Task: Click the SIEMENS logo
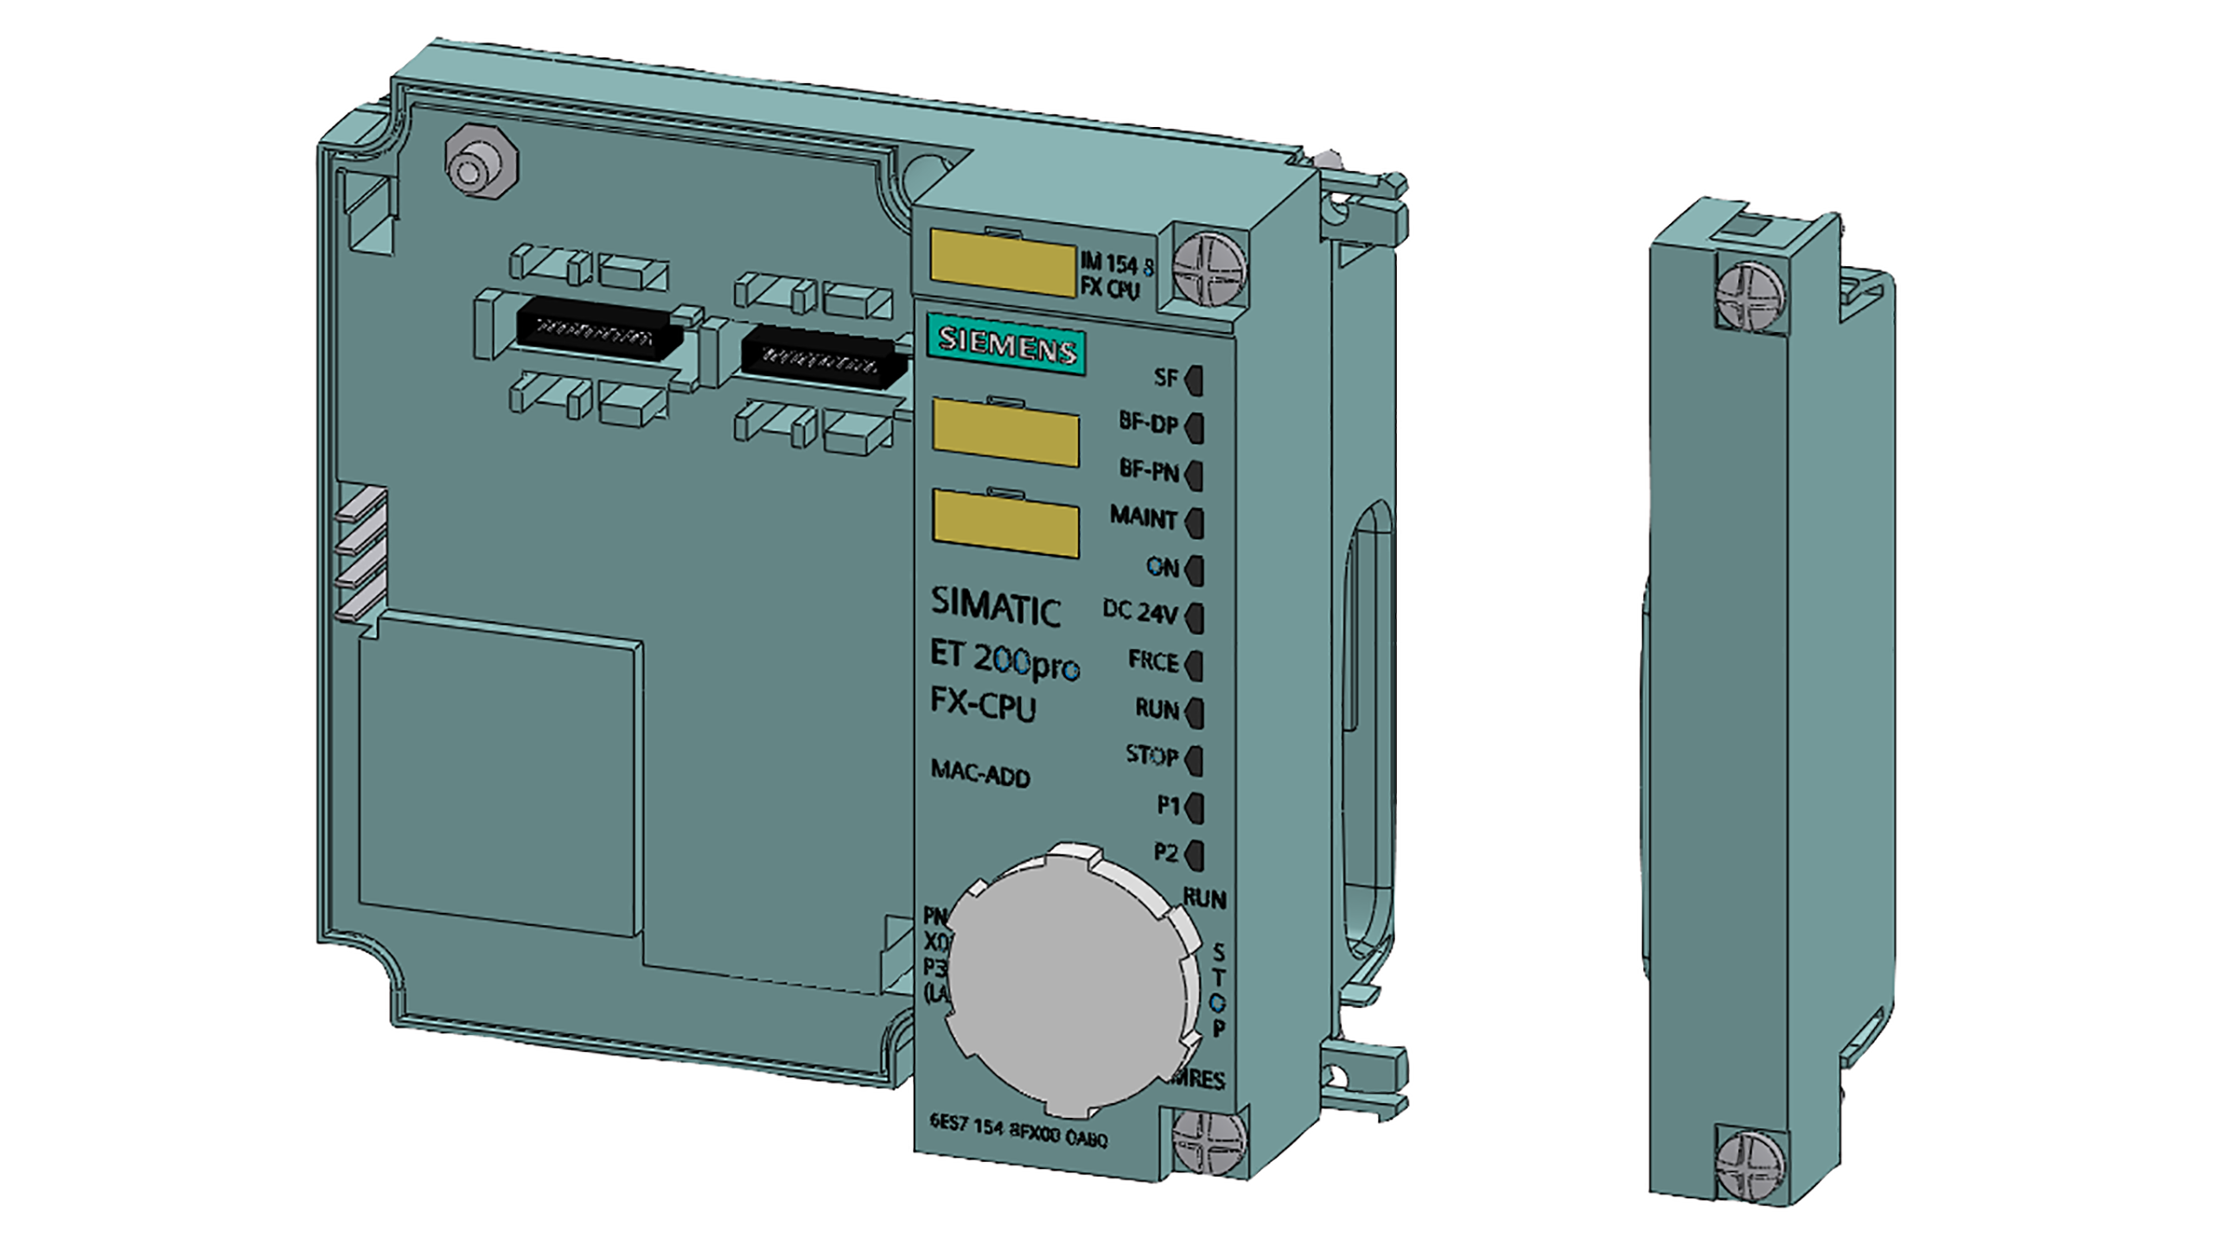pos(1007,348)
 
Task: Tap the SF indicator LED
pos(1195,380)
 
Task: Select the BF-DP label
pos(1148,422)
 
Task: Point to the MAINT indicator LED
pos(1195,522)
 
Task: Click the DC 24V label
pos(1139,612)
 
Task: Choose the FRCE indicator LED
pos(1195,665)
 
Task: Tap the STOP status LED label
pos(1151,756)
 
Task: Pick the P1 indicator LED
pos(1195,808)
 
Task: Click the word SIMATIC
pos(995,607)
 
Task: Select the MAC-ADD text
pos(980,772)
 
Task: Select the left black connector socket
pos(596,329)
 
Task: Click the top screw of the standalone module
pos(1749,296)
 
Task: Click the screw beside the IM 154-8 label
pos(1209,270)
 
